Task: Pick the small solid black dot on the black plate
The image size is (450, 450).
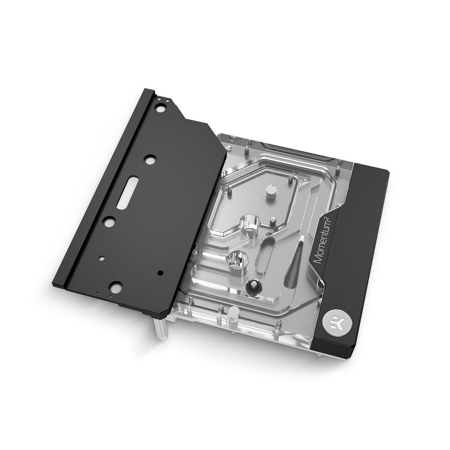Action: [159, 272]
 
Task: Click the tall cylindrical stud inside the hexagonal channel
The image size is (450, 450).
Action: [271, 194]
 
